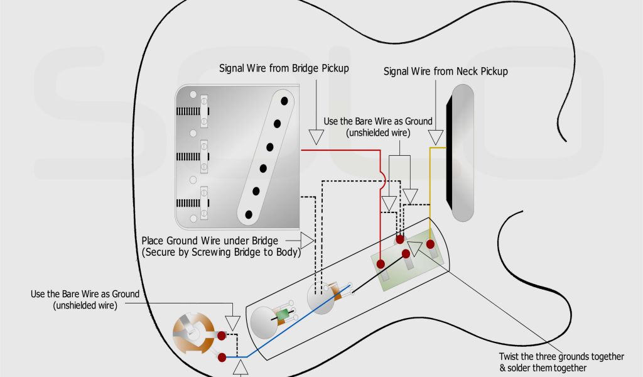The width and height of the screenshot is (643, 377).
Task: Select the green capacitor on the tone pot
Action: (284, 314)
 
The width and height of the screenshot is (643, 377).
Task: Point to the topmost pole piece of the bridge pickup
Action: (284, 99)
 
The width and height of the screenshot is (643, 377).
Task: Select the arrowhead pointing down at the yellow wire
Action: (435, 136)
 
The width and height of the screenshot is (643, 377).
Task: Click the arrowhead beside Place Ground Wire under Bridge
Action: (306, 240)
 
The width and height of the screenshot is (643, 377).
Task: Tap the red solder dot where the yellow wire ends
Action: (430, 244)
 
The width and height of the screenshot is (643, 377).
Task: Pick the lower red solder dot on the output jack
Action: (222, 358)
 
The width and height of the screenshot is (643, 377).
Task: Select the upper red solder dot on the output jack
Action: (222, 335)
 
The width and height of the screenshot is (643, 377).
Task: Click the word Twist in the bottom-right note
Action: (511, 356)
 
